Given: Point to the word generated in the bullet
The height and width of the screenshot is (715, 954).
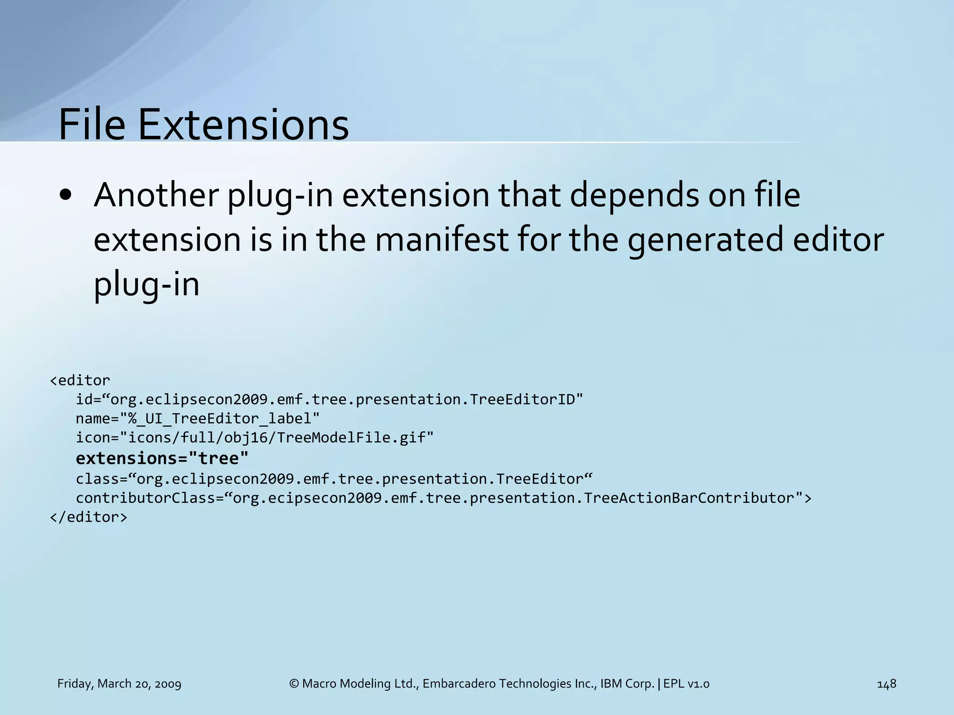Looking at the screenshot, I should [705, 240].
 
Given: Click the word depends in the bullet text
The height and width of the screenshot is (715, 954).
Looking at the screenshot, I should [634, 195].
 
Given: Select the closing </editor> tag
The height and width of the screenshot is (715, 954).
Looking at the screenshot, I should [89, 517].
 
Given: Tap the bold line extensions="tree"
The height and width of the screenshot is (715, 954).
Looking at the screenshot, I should [162, 459].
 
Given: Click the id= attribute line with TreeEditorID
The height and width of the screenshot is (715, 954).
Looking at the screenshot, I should [329, 399].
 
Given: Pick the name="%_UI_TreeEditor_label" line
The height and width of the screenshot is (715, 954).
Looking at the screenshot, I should [198, 418].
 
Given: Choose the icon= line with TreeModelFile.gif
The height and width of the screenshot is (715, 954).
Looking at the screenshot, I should [254, 438].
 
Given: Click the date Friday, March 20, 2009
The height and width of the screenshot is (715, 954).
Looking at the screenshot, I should [119, 684].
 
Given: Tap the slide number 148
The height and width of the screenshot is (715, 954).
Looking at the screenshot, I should [886, 684].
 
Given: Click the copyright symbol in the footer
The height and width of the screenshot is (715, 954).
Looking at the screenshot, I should [294, 684].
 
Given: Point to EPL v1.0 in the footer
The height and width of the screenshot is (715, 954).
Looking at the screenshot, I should [687, 684].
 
